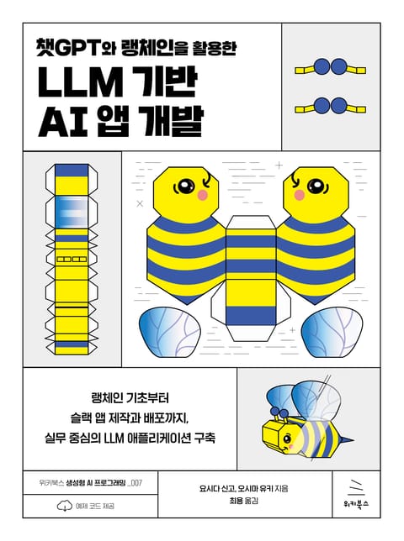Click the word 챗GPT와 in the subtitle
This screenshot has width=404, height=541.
[x=76, y=49]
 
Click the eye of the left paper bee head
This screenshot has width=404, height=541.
[x=186, y=186]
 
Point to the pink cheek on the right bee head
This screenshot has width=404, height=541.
[x=299, y=195]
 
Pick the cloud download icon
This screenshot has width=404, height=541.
[x=64, y=506]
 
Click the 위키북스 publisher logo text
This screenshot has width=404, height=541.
[x=356, y=504]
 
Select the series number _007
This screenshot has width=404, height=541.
[x=135, y=483]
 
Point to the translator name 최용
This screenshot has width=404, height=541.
[x=236, y=501]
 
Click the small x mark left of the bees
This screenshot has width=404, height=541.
[x=140, y=203]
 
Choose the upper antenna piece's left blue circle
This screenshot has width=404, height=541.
[x=322, y=66]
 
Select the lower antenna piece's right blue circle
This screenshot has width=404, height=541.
[x=338, y=106]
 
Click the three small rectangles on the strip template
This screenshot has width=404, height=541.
[x=72, y=259]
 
